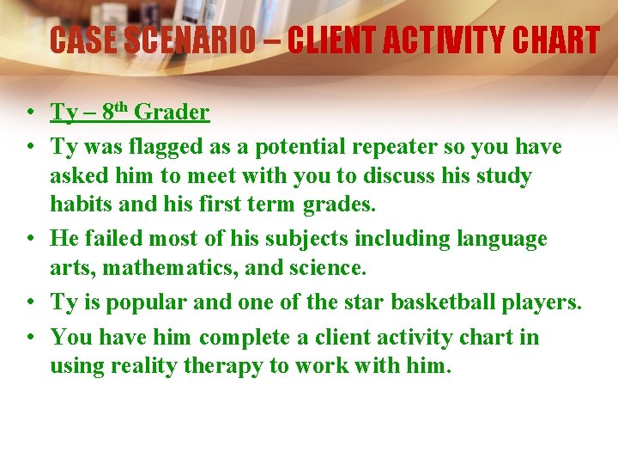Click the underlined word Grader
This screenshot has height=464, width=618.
pyautogui.click(x=172, y=113)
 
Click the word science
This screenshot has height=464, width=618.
pyautogui.click(x=330, y=268)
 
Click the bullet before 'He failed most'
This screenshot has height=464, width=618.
pyautogui.click(x=29, y=238)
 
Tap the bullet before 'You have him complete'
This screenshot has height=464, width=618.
pyautogui.click(x=29, y=337)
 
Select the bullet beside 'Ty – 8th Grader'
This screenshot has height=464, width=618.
pyautogui.click(x=29, y=113)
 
